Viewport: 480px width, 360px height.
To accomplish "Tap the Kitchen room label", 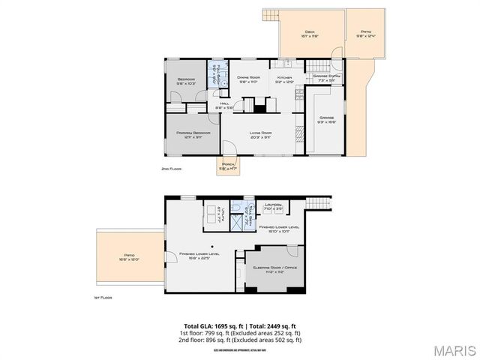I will [x=284, y=79].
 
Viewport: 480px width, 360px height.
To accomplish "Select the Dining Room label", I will [x=247, y=79].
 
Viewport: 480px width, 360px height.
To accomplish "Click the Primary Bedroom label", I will [x=193, y=135].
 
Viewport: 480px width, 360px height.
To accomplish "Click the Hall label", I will [x=224, y=106].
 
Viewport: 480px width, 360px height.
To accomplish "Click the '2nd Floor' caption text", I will [x=171, y=169].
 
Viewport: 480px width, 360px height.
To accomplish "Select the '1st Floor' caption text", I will [x=102, y=298].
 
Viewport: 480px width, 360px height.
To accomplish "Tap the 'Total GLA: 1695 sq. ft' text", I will [x=212, y=325].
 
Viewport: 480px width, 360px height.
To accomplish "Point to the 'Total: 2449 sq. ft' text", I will [x=274, y=325].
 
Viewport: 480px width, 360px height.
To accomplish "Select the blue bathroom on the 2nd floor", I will [x=217, y=74].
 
